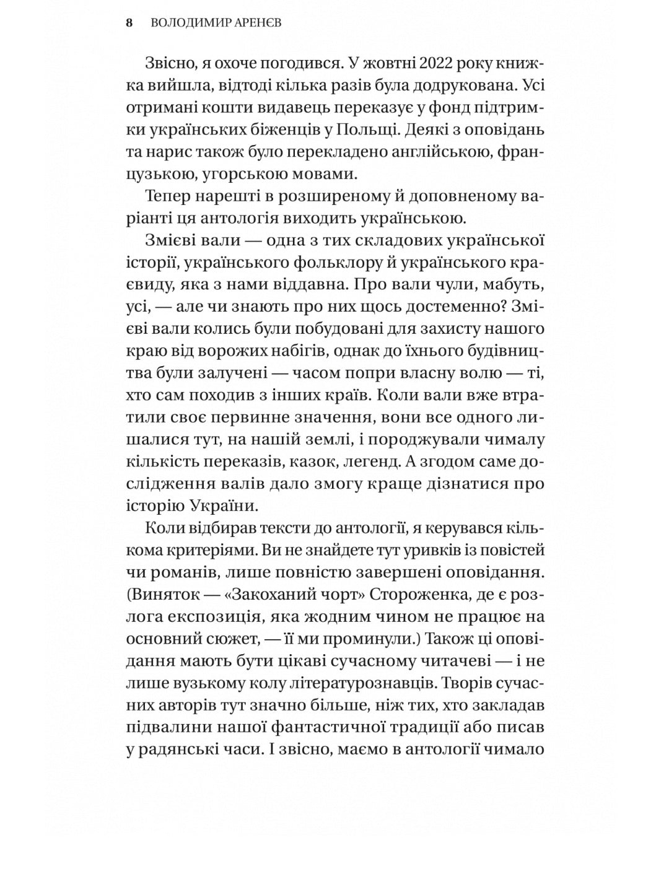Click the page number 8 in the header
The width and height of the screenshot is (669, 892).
pyautogui.click(x=129, y=24)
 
